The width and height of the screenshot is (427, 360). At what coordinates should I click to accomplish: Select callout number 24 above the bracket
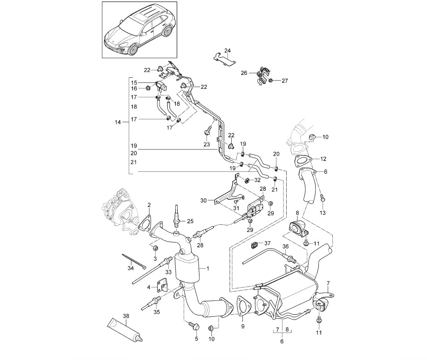pyautogui.click(x=227, y=51)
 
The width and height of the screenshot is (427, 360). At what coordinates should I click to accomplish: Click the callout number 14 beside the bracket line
pyautogui.click(x=117, y=122)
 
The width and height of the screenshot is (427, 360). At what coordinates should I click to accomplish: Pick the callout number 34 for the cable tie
pyautogui.click(x=131, y=268)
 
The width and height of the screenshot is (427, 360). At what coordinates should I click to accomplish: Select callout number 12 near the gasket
pyautogui.click(x=323, y=159)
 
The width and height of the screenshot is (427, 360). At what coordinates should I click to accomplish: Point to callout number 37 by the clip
pyautogui.click(x=267, y=243)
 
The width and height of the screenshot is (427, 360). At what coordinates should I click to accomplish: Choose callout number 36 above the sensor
pyautogui.click(x=285, y=247)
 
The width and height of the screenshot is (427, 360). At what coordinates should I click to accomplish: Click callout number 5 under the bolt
pyautogui.click(x=196, y=339)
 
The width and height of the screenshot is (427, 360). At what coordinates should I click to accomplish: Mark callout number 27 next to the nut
pyautogui.click(x=284, y=81)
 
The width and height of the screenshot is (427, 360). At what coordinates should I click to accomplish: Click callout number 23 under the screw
pyautogui.click(x=207, y=145)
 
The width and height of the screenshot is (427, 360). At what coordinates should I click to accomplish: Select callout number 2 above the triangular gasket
pyautogui.click(x=149, y=205)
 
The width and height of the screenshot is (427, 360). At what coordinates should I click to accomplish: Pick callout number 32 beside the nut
pyautogui.click(x=258, y=180)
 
